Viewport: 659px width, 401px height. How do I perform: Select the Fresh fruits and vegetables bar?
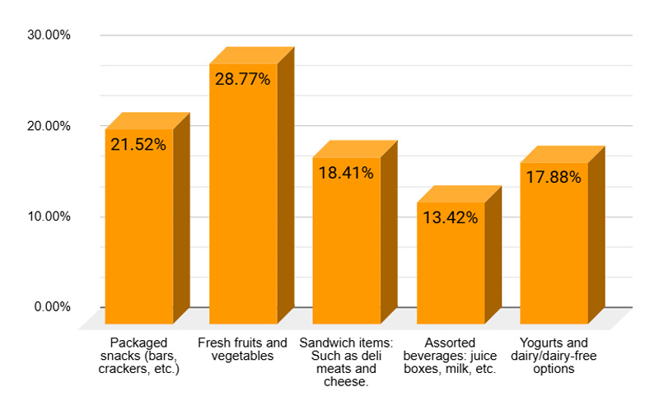tap(243, 206)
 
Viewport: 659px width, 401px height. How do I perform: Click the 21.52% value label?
tap(138, 145)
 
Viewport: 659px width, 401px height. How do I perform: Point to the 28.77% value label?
tap(243, 80)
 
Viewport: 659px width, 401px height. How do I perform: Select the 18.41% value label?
tap(346, 173)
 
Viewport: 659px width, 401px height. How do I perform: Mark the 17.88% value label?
tap(554, 178)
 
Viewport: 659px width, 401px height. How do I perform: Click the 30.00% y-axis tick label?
tap(50, 35)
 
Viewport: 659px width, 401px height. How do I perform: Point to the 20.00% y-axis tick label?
tap(50, 126)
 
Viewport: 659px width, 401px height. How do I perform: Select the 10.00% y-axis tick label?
tap(50, 217)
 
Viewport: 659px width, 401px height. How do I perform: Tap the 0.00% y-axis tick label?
tap(54, 307)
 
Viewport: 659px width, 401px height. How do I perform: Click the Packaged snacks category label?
tap(138, 356)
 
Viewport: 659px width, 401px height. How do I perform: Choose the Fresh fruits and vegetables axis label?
tap(243, 349)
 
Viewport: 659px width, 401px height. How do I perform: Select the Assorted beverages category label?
tap(451, 356)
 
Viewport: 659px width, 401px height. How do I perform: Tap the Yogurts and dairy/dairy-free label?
tap(554, 356)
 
